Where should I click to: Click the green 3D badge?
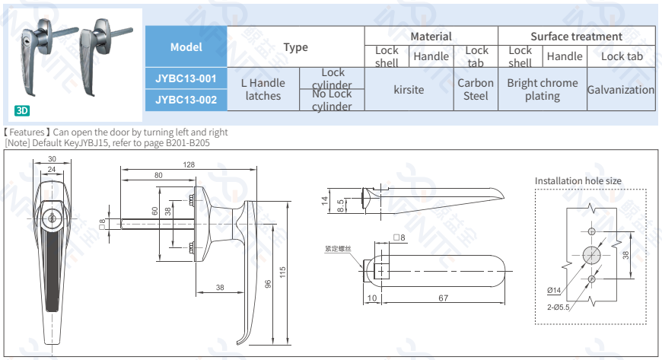pyautogui.click(x=22, y=110)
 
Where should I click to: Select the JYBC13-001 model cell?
pyautogui.click(x=186, y=78)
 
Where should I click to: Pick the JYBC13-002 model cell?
pyautogui.click(x=186, y=100)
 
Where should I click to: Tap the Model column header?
pyautogui.click(x=186, y=46)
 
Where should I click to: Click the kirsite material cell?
pyautogui.click(x=409, y=89)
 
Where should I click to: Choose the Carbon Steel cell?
pyautogui.click(x=476, y=89)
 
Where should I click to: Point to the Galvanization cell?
pyautogui.click(x=620, y=89)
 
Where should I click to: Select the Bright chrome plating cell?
pyautogui.click(x=542, y=89)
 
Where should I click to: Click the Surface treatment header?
pyautogui.click(x=576, y=36)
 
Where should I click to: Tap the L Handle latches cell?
pyautogui.click(x=263, y=89)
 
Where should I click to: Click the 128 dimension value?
pyautogui.click(x=189, y=165)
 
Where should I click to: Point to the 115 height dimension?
pyautogui.click(x=282, y=272)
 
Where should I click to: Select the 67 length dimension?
pyautogui.click(x=443, y=298)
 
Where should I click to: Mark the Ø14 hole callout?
pyautogui.click(x=553, y=290)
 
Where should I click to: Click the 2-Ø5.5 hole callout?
pyautogui.click(x=558, y=307)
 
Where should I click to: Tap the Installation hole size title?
pyautogui.click(x=578, y=180)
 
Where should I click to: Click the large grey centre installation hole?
pyautogui.click(x=591, y=255)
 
